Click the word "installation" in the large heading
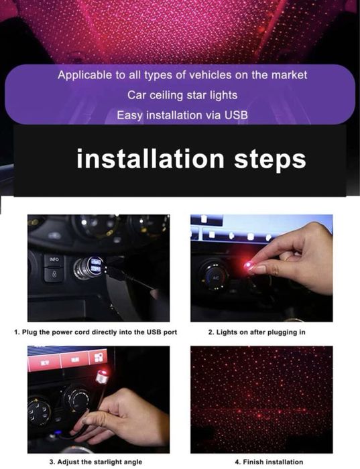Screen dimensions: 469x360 [x=133, y=159]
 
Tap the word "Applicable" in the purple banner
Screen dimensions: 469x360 [x=84, y=75]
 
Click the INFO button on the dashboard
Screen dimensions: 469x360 [x=53, y=259]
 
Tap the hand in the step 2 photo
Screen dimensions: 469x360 [x=295, y=258]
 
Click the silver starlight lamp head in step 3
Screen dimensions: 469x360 [x=103, y=377]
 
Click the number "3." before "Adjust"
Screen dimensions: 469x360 [x=52, y=462]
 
